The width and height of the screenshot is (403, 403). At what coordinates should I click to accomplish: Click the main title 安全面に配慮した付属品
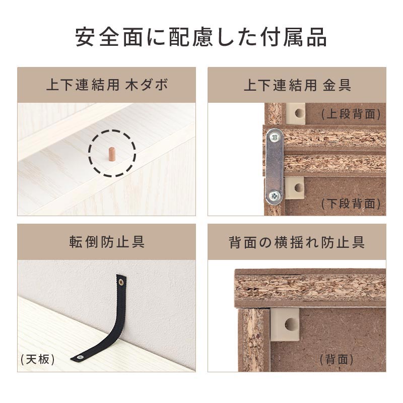201,37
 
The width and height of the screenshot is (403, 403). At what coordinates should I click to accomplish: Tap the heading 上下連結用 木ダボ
107,85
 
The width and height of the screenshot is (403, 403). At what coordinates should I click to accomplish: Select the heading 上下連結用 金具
297,85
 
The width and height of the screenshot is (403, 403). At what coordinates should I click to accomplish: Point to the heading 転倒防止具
107,242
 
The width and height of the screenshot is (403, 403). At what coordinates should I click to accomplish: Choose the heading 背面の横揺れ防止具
297,242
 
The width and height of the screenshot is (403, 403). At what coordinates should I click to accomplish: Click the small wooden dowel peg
111,154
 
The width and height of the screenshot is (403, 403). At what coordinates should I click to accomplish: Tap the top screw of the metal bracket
275,138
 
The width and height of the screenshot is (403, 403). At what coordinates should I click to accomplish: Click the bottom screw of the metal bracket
274,196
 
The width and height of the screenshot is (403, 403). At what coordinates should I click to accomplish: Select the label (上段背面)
351,114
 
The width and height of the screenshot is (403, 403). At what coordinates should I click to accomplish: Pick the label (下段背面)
351,204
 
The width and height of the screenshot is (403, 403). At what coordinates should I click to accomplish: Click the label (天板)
38,359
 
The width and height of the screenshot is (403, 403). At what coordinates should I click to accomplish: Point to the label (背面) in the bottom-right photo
337,359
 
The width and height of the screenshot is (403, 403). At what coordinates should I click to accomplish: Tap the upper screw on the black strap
121,283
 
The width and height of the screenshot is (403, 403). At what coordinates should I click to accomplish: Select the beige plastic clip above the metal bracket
296,114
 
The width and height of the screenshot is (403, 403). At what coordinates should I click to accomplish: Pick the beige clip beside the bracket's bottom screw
295,188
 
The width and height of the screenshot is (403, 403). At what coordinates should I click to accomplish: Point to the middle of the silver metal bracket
275,167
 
